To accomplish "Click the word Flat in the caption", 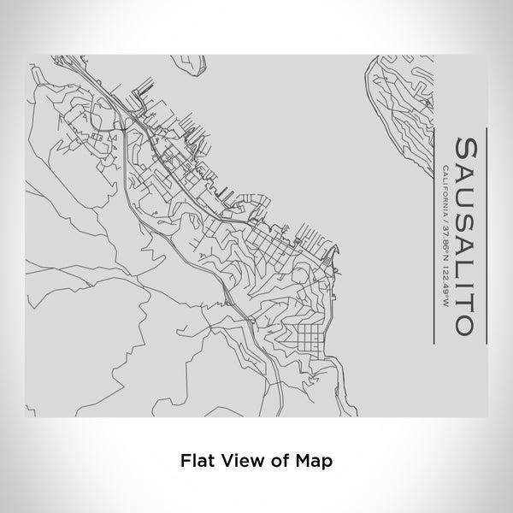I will click(196, 460).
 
